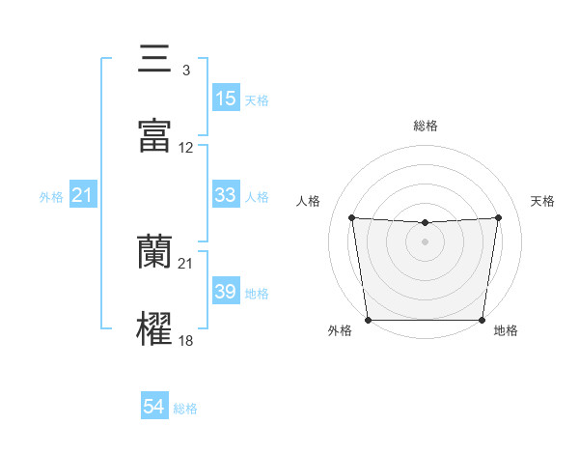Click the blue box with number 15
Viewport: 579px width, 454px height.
[x=226, y=98]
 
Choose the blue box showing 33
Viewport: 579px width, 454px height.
[x=226, y=195]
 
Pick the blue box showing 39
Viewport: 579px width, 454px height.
[x=226, y=292]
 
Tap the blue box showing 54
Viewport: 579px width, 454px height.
[x=154, y=408]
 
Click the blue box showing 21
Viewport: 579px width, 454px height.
[x=83, y=196]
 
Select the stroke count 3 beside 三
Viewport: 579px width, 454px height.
[x=185, y=71]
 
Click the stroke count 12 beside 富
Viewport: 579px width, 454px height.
[x=186, y=148]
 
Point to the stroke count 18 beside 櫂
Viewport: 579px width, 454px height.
[x=186, y=341]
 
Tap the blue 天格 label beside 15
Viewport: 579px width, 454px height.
[x=257, y=99]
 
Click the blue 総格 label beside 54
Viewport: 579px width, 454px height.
[x=185, y=409]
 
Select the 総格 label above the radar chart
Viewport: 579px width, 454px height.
[x=426, y=126]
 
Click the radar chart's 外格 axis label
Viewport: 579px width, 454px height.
[x=340, y=331]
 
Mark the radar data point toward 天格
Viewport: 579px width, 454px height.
[x=499, y=217]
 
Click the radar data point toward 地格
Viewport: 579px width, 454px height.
[x=482, y=320]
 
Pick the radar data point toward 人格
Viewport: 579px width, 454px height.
[x=352, y=217]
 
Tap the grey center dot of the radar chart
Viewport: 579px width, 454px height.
[x=426, y=241]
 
